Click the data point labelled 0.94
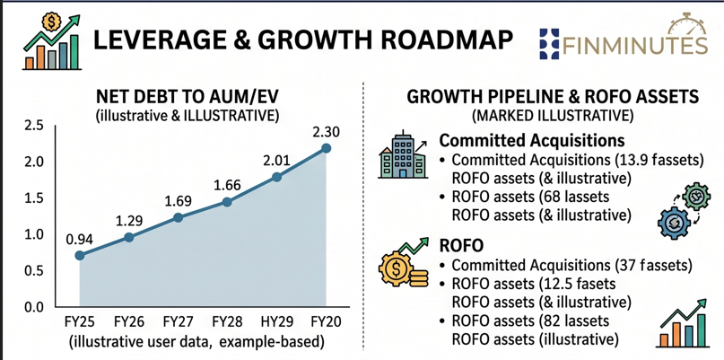80,255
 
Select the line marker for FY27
179,217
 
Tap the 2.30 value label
326,132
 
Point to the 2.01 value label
276,161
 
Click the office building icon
401,157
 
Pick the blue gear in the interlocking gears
674,224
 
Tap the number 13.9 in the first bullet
641,161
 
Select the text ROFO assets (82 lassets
530,320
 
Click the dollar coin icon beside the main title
49,21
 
